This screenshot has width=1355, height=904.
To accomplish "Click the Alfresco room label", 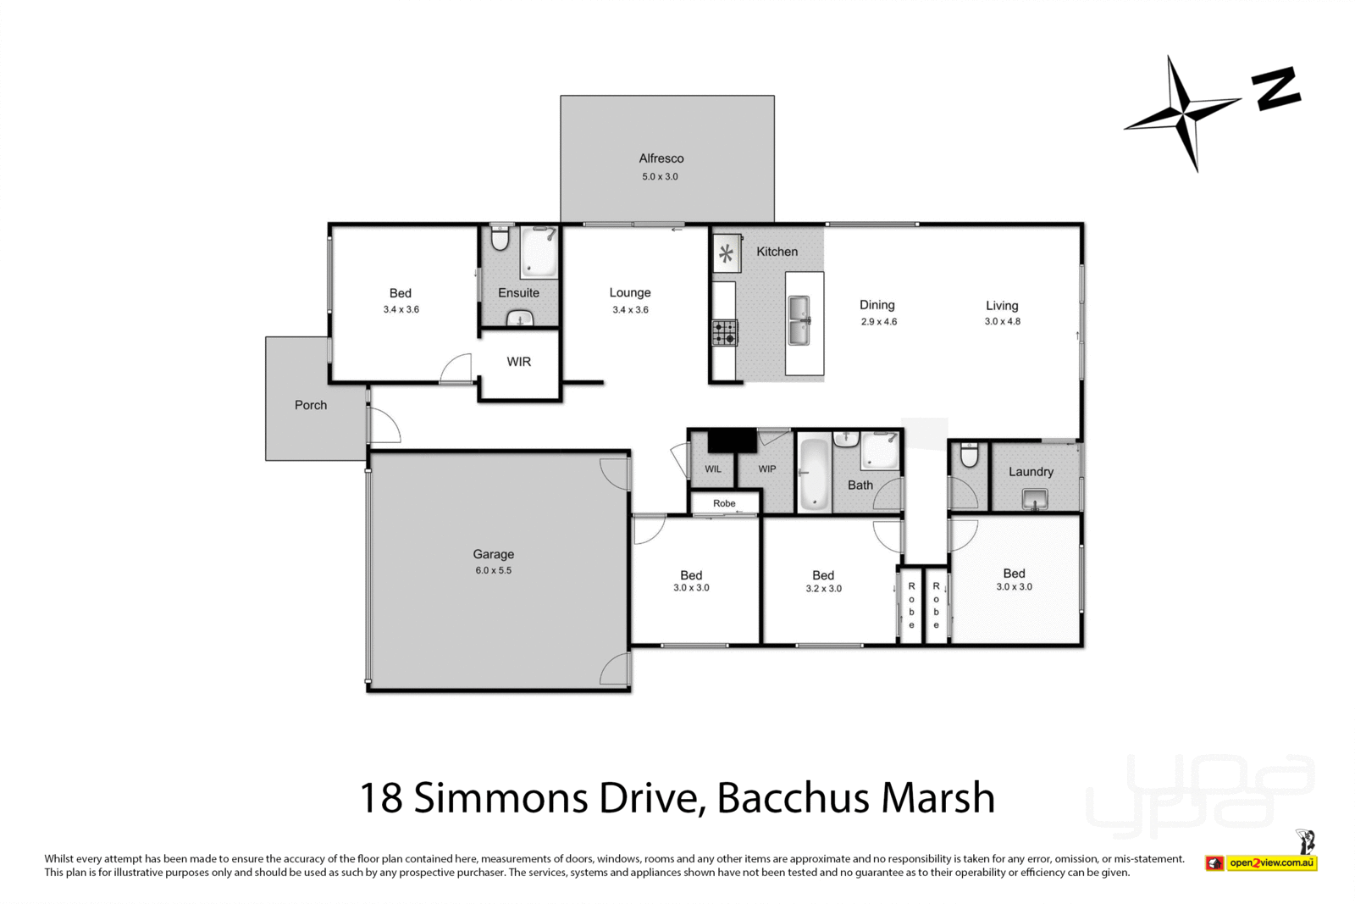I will (x=661, y=158).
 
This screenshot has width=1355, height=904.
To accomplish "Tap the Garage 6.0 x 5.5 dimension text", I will (x=493, y=571).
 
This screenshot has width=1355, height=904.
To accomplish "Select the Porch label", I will (x=311, y=405).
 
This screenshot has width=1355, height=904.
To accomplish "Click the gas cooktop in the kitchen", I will (x=724, y=332).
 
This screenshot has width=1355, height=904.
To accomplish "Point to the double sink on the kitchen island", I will (x=799, y=320).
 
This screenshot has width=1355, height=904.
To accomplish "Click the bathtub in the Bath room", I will (x=814, y=473).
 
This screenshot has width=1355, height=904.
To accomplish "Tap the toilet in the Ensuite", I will (x=500, y=239).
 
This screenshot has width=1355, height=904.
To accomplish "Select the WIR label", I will (x=518, y=362).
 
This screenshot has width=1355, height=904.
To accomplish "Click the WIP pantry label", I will (x=766, y=469).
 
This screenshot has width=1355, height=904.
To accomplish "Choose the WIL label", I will (x=713, y=469).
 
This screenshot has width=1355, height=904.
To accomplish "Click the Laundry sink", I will (x=1034, y=501).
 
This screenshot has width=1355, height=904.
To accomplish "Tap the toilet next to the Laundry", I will (x=969, y=456).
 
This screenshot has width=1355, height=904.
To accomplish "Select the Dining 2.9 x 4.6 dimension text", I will (x=878, y=322).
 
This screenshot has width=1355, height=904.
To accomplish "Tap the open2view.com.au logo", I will (x=1270, y=863).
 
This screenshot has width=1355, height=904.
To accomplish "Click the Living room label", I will (x=1001, y=306).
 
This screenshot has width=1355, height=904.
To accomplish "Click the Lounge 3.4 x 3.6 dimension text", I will (x=630, y=310).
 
